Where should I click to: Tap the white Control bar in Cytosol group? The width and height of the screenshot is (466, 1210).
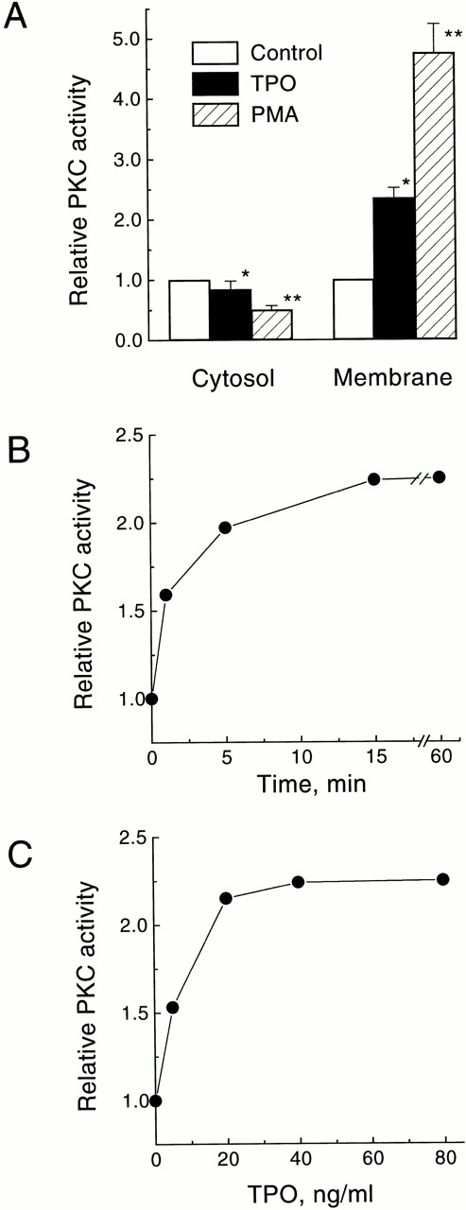point(189,310)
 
